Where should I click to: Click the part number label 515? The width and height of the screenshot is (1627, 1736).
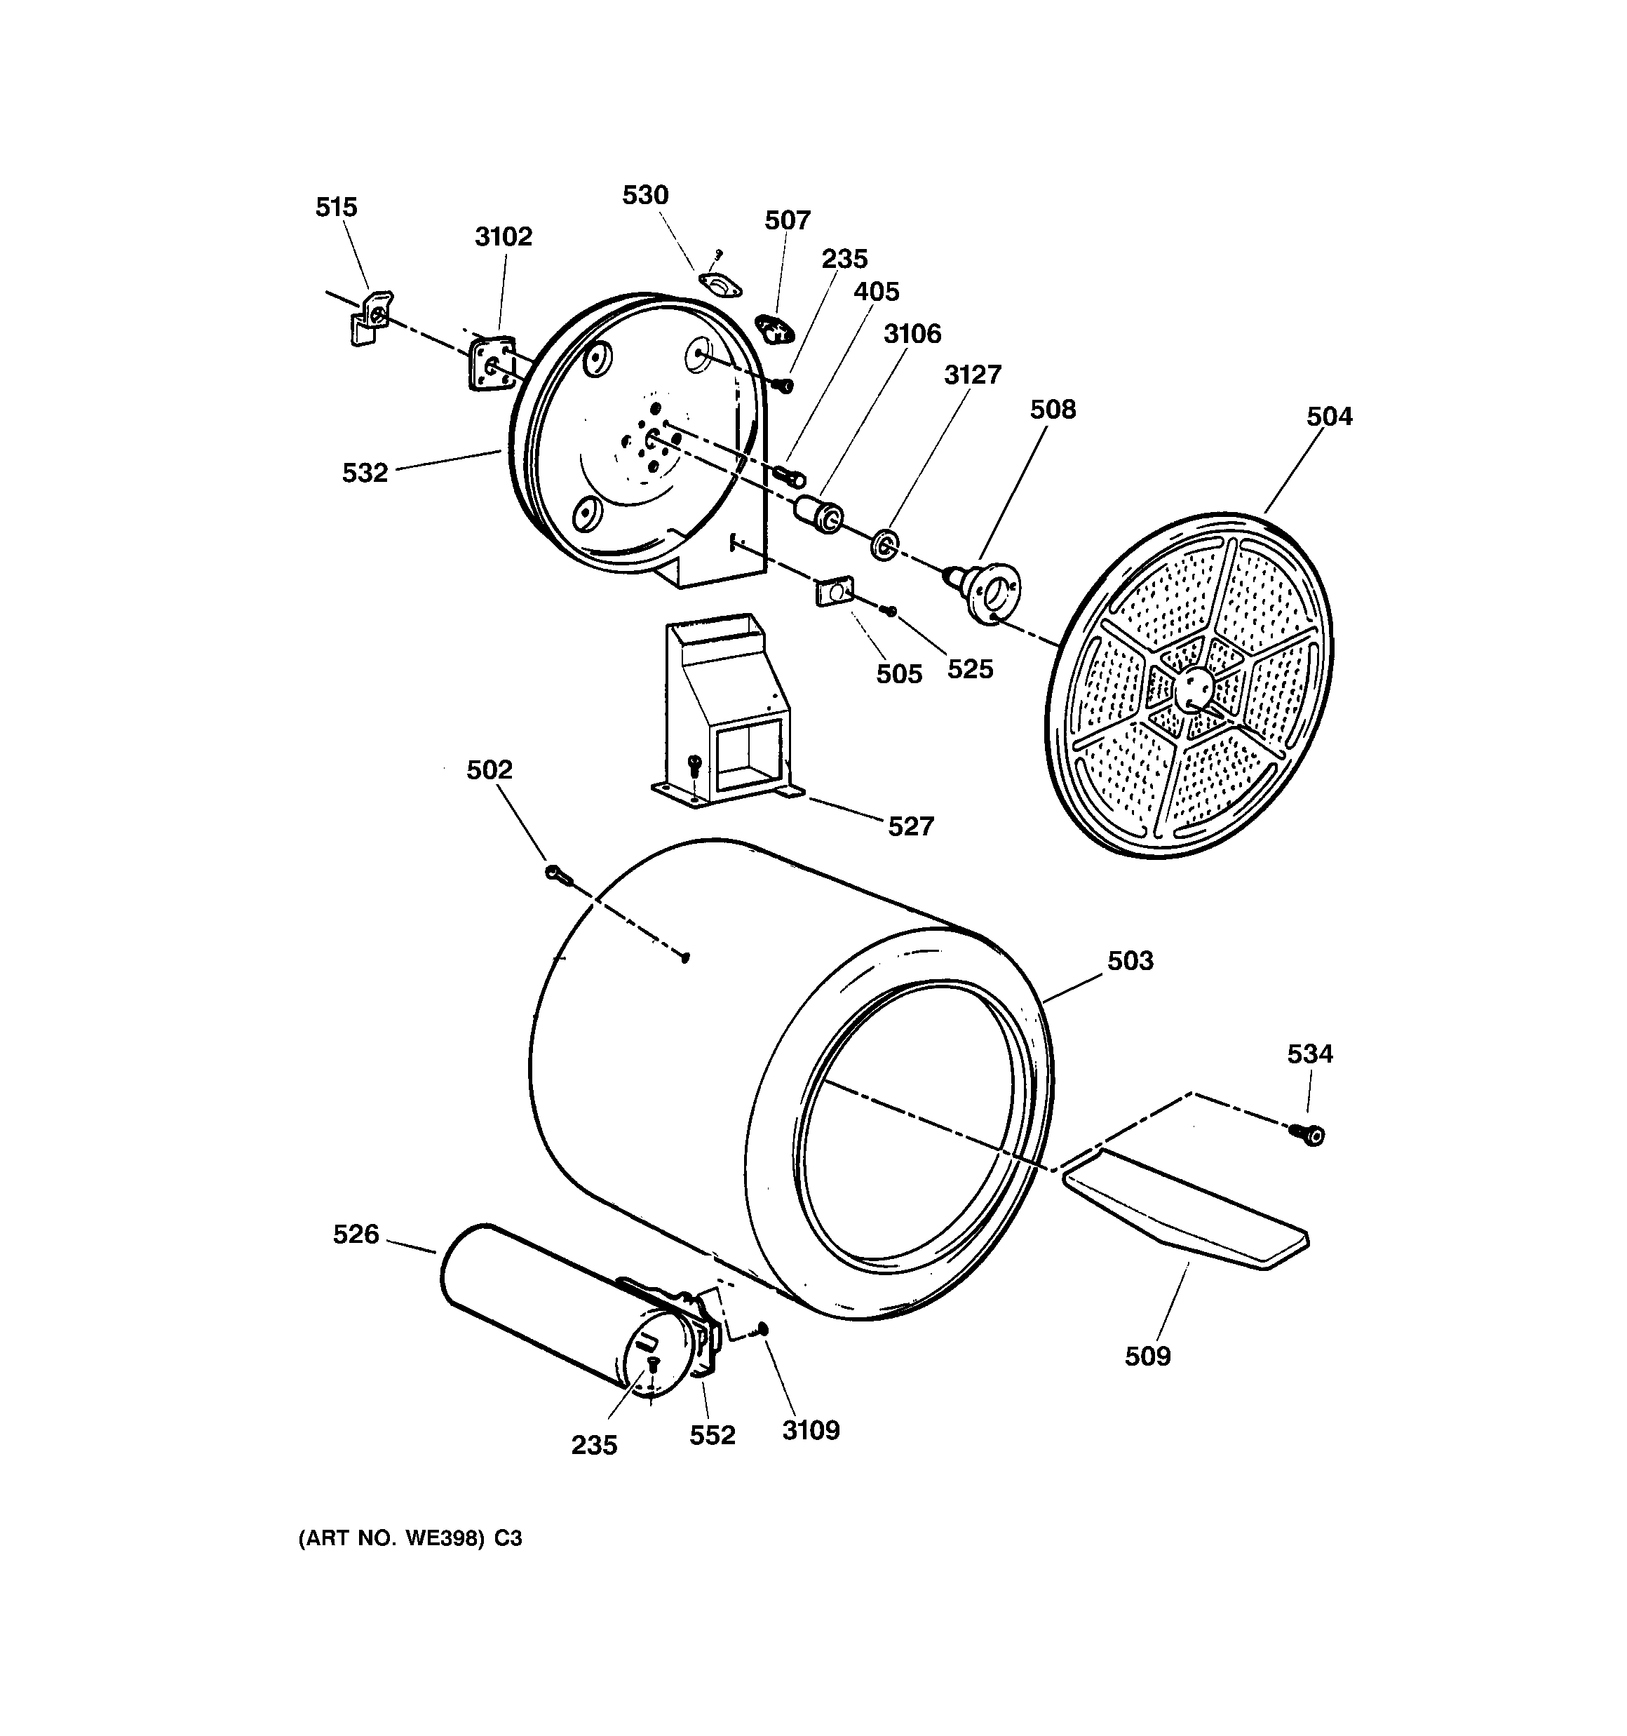point(336,207)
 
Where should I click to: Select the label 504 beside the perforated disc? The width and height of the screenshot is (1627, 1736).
point(1328,417)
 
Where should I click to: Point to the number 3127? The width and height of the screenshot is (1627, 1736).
point(972,375)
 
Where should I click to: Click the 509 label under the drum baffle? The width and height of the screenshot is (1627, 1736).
point(1147,1356)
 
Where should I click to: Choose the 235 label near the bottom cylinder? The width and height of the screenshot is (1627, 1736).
point(594,1445)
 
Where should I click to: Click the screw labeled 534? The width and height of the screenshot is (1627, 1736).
point(1311,1134)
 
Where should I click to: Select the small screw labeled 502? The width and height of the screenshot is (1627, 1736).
point(556,873)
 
